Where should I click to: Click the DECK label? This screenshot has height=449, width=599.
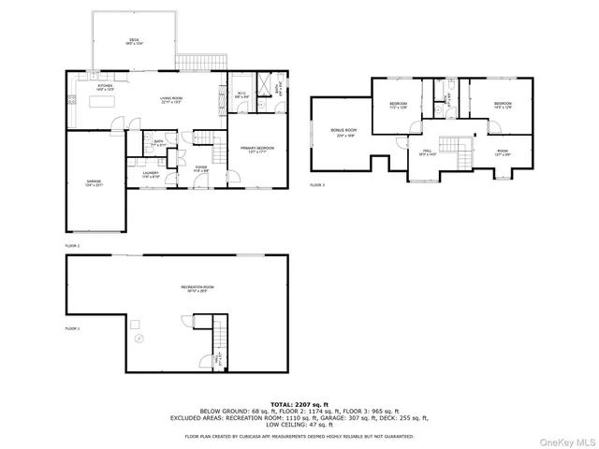[x=134, y=40]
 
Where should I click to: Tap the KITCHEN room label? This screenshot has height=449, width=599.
[x=105, y=88]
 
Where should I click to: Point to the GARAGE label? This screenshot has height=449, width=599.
[x=95, y=183]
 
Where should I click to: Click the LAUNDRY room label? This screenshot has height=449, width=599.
[x=151, y=175]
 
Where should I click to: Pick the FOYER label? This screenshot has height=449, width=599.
[x=201, y=169]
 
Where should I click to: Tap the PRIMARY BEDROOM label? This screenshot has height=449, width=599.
[x=256, y=150]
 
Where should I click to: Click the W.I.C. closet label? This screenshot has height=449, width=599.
[x=241, y=94]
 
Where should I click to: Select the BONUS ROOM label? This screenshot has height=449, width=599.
[x=343, y=132]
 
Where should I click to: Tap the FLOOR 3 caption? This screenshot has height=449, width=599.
[x=317, y=185]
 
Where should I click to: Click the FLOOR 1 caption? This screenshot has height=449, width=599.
[x=73, y=329]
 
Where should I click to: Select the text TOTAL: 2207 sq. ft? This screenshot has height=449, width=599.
[x=299, y=404]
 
